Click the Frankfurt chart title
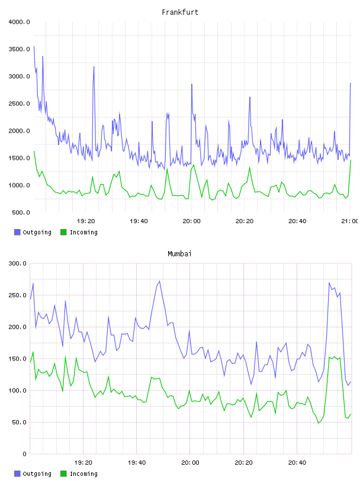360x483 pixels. (x=180, y=12)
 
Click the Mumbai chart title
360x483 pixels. (x=179, y=254)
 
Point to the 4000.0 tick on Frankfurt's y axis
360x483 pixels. (x=20, y=22)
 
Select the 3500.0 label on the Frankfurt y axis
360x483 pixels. (x=20, y=49)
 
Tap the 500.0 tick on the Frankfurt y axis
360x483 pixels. (x=21, y=212)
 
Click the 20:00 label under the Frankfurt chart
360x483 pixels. (x=191, y=221)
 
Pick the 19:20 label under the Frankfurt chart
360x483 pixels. (x=86, y=221)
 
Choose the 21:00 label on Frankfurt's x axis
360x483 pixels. (x=350, y=221)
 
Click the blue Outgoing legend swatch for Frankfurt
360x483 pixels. (x=17, y=232)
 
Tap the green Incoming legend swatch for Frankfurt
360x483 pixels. (x=63, y=232)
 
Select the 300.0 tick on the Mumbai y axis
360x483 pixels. (x=18, y=263)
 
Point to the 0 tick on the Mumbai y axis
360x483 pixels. (x=25, y=454)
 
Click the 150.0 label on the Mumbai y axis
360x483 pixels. (x=18, y=359)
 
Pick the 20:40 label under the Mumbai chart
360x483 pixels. (x=297, y=463)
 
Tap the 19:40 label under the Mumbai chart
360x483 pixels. (x=137, y=463)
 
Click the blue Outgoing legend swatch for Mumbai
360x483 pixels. (x=17, y=474)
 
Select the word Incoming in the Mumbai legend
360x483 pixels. (x=83, y=474)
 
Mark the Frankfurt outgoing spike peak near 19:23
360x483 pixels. (x=94, y=66)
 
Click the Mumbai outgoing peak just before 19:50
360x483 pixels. (x=159, y=281)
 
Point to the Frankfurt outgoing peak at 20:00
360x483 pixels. (x=192, y=84)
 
